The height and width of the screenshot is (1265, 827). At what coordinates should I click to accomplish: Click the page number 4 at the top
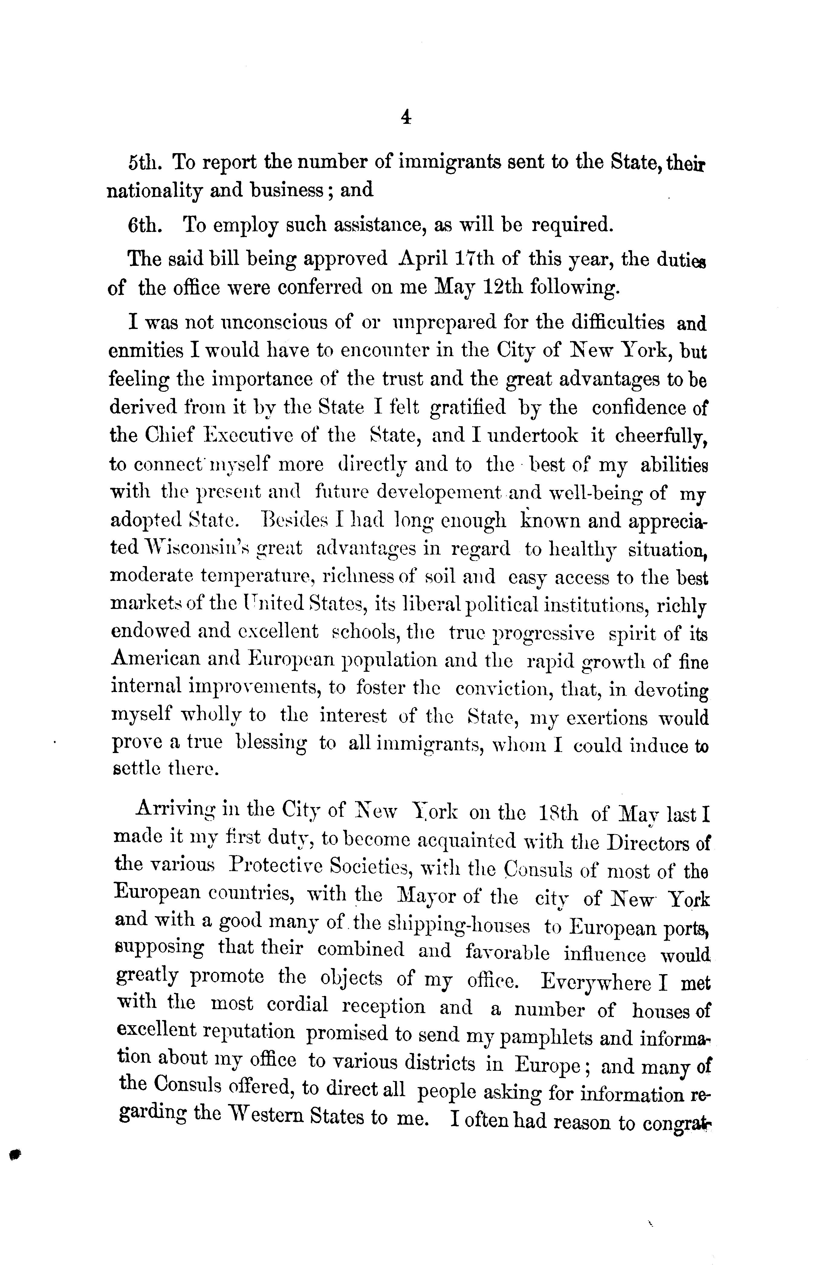point(406,117)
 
